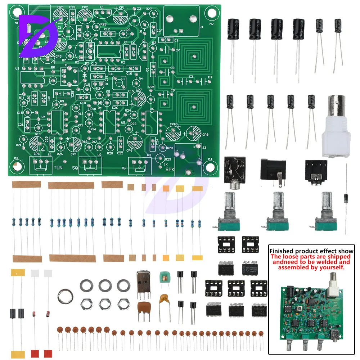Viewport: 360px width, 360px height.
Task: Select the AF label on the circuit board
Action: click(x=124, y=168)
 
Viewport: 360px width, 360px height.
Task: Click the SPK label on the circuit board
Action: click(x=170, y=169)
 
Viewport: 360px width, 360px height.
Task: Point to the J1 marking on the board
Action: click(x=201, y=26)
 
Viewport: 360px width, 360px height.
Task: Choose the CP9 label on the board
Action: click(x=205, y=135)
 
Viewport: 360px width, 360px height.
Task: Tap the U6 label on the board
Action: click(x=152, y=109)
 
